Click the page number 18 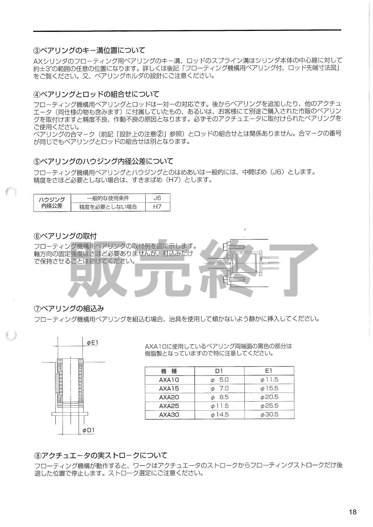click(353, 512)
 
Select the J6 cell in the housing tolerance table click(157, 198)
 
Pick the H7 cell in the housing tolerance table click(157, 207)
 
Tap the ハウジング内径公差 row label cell click(52, 203)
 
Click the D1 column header click(220, 371)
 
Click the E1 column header click(269, 371)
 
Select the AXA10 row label click(169, 380)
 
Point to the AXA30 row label click(169, 415)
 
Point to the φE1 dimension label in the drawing click(93, 342)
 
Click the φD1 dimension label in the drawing click(89, 430)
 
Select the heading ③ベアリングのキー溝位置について click(89, 50)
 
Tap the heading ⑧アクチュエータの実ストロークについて click(100, 455)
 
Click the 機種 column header click(169, 371)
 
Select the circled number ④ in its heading click(36, 94)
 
